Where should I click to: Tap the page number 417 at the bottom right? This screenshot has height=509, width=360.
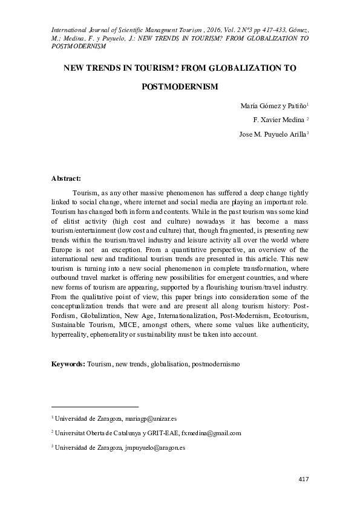[x=304, y=479]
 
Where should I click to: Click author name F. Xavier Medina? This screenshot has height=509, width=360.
[x=278, y=119]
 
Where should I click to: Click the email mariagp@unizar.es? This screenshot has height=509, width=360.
[x=151, y=418]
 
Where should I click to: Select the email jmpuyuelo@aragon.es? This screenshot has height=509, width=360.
[x=154, y=448]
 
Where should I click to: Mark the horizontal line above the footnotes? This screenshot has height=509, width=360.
[x=95, y=406]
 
